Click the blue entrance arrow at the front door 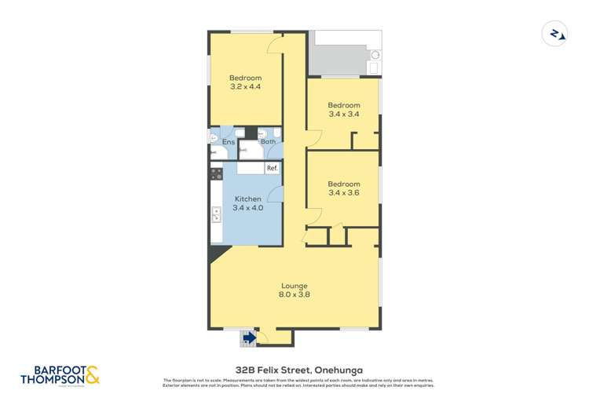pyautogui.click(x=249, y=338)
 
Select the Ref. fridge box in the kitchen pyautogui.click(x=272, y=168)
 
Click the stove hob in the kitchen pyautogui.click(x=216, y=175)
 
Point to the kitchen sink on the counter pyautogui.click(x=216, y=213)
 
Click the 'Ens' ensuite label pyautogui.click(x=229, y=142)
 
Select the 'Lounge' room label pyautogui.click(x=294, y=286)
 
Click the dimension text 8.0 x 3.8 pyautogui.click(x=294, y=295)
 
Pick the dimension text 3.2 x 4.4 pyautogui.click(x=245, y=86)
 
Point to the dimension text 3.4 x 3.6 pyautogui.click(x=343, y=192)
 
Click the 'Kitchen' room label pyautogui.click(x=248, y=199)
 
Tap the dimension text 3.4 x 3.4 pyautogui.click(x=343, y=114)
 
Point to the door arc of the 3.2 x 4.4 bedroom pyautogui.click(x=275, y=46)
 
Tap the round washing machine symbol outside pyautogui.click(x=374, y=56)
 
